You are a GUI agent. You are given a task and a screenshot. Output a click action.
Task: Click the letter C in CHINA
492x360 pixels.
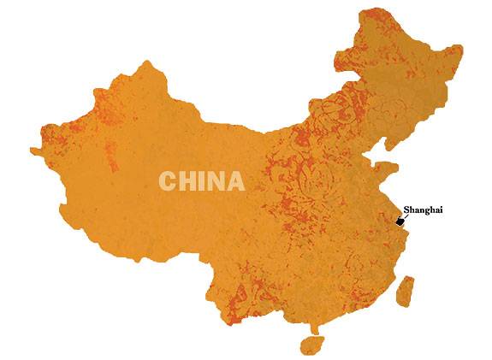pos(168,181)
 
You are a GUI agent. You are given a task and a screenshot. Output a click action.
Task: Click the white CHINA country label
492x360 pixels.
pos(201,181)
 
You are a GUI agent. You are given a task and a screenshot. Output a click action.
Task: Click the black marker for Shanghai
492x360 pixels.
pos(400,221)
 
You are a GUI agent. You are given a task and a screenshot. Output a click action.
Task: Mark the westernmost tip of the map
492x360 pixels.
pos(32,153)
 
